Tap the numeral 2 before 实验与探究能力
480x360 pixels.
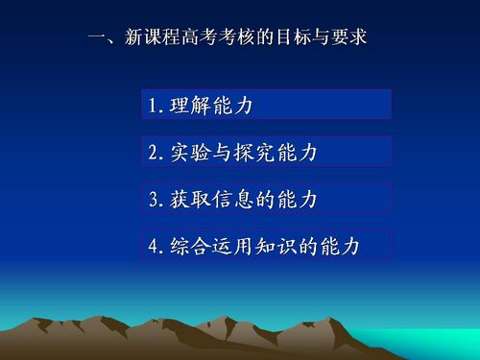pos(154,153)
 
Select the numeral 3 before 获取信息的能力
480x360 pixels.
pos(154,199)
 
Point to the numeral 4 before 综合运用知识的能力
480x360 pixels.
pos(154,246)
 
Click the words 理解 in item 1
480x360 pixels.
pos(190,105)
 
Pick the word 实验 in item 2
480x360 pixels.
pos(190,152)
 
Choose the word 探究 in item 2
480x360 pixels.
pos(254,152)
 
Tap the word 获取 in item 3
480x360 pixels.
pos(190,199)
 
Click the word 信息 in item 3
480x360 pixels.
pos(233,199)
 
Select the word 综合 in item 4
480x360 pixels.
pos(190,246)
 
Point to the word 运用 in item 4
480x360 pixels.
pos(233,246)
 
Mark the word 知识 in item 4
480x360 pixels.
pos(276,246)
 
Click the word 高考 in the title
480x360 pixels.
pos(200,36)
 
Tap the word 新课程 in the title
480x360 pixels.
pos(153,36)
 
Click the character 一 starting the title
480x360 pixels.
pos(97,37)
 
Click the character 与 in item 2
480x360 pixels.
pos(222,152)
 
